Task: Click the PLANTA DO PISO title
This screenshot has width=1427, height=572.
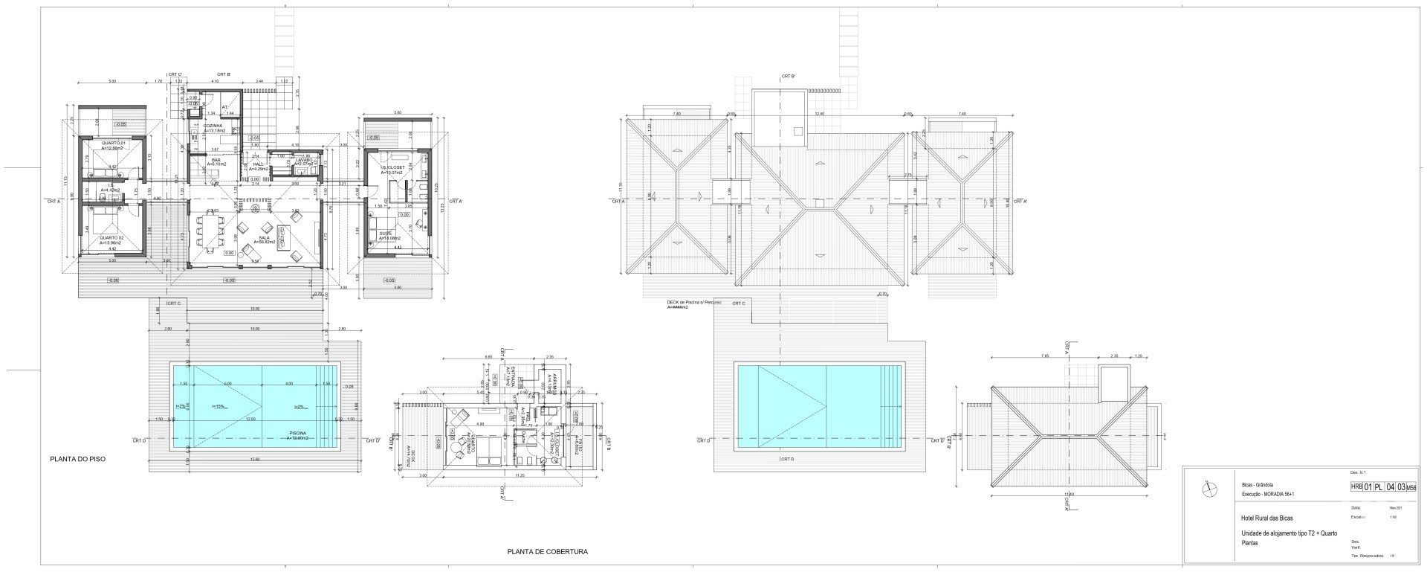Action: tap(77, 459)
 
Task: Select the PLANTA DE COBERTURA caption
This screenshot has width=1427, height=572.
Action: tap(547, 552)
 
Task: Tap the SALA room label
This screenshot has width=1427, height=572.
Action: tap(265, 237)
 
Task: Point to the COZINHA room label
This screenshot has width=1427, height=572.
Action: tap(213, 126)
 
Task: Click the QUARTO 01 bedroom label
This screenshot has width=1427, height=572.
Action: tap(113, 141)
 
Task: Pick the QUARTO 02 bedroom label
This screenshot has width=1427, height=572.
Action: tap(111, 238)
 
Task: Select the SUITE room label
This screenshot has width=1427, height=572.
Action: tap(386, 233)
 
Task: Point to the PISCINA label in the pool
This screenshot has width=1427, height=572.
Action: tap(301, 433)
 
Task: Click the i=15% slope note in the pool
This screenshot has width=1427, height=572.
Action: tap(219, 406)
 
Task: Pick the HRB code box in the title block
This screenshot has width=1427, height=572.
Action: tap(1356, 487)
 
